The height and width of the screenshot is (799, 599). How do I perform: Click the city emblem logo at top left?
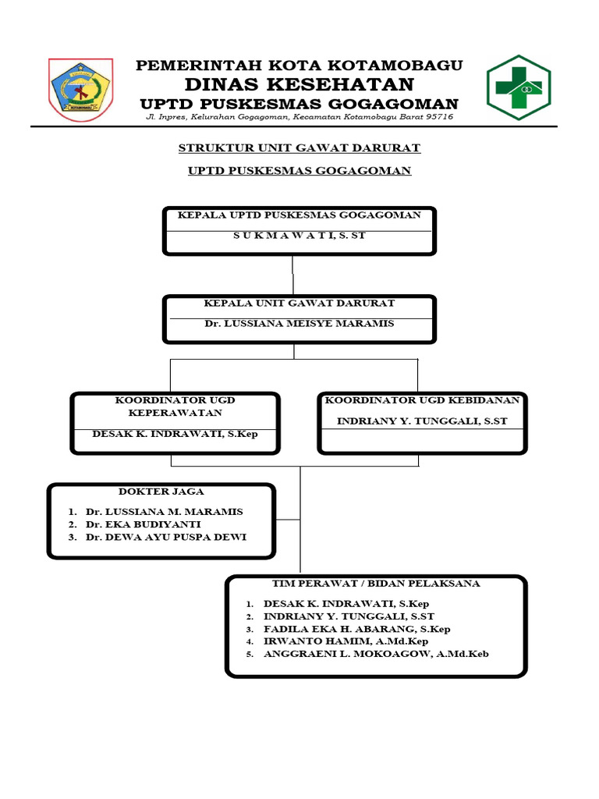click(x=80, y=90)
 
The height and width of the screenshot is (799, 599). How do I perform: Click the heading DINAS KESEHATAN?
click(x=299, y=84)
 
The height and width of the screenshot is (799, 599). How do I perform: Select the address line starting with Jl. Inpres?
click(x=300, y=117)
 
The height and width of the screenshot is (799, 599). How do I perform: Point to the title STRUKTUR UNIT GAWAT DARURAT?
click(x=299, y=147)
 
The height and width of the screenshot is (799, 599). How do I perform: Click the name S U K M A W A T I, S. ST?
click(x=299, y=235)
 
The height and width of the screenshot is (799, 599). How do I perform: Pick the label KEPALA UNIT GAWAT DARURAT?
click(x=299, y=303)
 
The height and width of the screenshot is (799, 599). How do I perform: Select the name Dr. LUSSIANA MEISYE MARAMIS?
click(x=299, y=323)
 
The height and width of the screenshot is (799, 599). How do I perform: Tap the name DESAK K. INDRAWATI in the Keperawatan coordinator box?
click(x=175, y=434)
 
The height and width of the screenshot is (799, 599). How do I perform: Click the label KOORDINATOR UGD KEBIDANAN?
click(x=422, y=400)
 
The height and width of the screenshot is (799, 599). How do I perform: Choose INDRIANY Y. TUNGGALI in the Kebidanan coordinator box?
click(x=422, y=421)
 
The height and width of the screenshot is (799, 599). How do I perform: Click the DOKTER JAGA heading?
click(x=161, y=492)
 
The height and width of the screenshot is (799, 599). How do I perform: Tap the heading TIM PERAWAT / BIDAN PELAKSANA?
click(x=375, y=584)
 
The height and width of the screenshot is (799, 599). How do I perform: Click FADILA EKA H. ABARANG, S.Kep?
click(x=356, y=629)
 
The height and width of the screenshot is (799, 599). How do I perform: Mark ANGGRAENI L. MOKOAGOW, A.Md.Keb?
click(x=376, y=654)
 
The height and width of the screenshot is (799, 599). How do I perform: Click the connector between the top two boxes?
click(x=293, y=274)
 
